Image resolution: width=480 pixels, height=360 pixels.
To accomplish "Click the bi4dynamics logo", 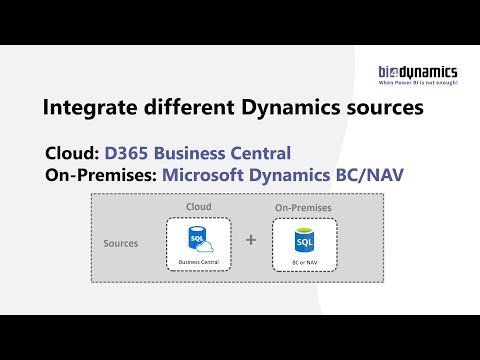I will coord(417,71).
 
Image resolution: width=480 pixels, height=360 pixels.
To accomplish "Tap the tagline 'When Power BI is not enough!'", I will coord(417,83).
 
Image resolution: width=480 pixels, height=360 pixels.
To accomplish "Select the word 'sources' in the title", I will coord(381,107).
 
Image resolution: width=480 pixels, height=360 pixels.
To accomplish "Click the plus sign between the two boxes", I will coord(251,241).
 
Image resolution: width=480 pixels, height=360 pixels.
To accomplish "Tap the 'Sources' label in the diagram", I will coord(121,243).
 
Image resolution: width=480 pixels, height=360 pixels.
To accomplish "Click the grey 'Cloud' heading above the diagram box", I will coord(199,207).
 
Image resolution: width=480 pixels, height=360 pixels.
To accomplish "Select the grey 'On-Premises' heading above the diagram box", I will coord(304,208).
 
